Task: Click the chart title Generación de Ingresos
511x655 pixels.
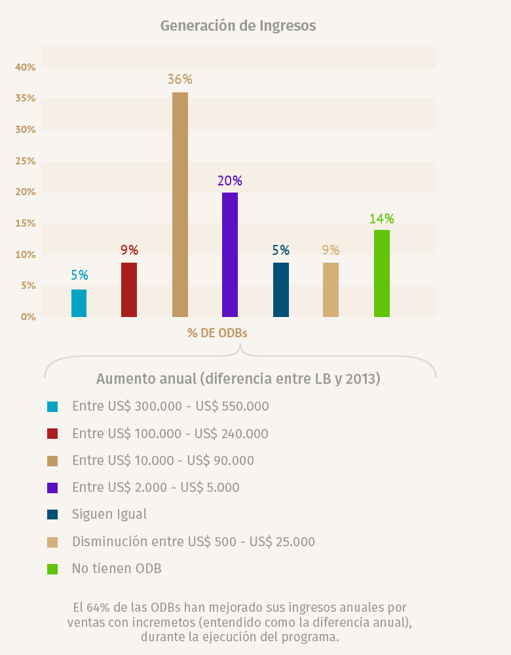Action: point(238,26)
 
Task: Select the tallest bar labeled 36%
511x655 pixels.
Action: point(180,204)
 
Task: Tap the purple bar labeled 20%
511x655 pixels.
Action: point(230,255)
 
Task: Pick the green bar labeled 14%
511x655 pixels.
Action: point(382,273)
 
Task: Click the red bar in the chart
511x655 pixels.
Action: point(129,290)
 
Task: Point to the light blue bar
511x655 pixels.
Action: point(79,303)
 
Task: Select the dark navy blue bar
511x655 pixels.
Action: point(281,290)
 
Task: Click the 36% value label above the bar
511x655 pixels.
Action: point(180,79)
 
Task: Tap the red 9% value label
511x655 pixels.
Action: point(129,250)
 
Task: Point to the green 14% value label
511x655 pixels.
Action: point(381,218)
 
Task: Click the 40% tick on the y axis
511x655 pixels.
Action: point(26,67)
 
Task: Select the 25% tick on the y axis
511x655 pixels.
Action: point(26,161)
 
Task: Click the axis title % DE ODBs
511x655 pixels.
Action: point(218,333)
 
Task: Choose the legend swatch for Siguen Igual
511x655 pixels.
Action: point(52,515)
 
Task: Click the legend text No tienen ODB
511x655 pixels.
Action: point(117,569)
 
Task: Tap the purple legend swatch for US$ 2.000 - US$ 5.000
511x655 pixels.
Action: point(52,487)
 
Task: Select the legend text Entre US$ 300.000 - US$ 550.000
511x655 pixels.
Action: point(170,406)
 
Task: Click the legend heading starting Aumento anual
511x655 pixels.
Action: point(238,379)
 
